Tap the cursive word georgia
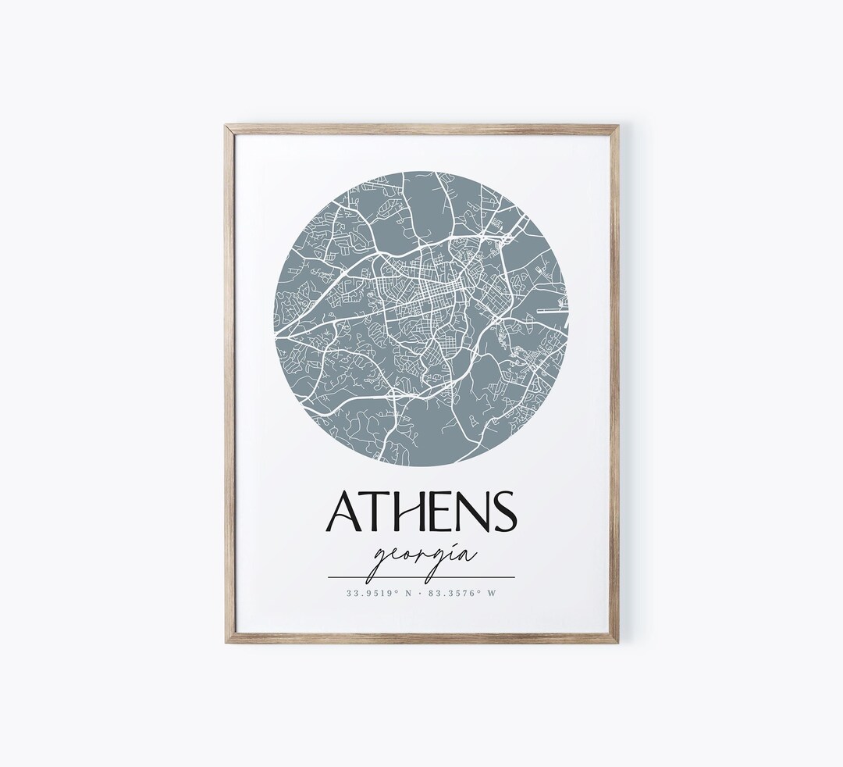coord(422,557)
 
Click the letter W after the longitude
coord(492,593)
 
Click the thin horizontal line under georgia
coord(421,577)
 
